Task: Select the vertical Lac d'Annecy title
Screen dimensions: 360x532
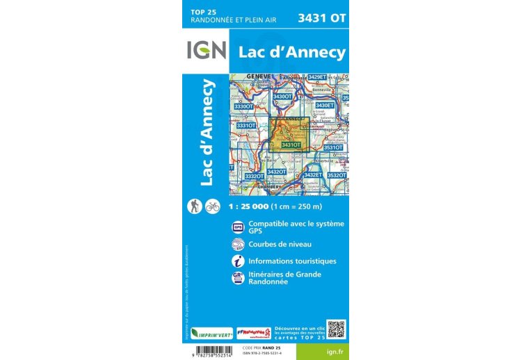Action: pyautogui.click(x=207, y=132)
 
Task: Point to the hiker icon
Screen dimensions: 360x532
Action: pyautogui.click(x=196, y=206)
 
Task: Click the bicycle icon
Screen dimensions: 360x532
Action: pyautogui.click(x=213, y=206)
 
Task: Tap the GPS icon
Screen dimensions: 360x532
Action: pyautogui.click(x=238, y=227)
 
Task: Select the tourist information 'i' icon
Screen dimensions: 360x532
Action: pyautogui.click(x=238, y=261)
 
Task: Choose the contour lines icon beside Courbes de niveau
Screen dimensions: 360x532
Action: pyautogui.click(x=238, y=244)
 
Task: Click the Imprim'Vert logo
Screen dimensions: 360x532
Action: pyautogui.click(x=211, y=333)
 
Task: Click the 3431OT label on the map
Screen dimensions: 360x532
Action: pyautogui.click(x=291, y=145)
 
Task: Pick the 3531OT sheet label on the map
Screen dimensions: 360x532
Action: pyautogui.click(x=333, y=147)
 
